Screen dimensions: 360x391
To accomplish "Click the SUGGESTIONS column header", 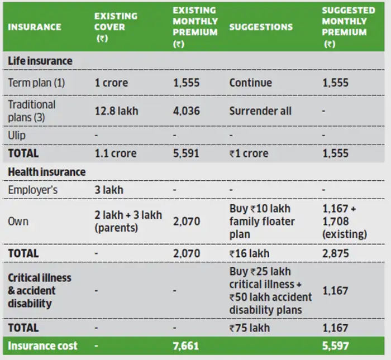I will (x=260, y=27).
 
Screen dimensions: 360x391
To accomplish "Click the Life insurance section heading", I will (x=40, y=60).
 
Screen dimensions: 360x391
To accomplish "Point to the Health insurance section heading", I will (x=46, y=172).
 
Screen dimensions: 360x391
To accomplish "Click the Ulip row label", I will (x=17, y=136).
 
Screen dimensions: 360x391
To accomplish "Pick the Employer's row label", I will (x=33, y=190).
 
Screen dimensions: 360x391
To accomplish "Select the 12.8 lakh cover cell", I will (x=116, y=111).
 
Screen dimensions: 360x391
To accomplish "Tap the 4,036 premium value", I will (x=186, y=111).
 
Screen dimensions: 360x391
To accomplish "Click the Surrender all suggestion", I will (x=260, y=111).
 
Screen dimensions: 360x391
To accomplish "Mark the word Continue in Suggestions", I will (x=250, y=83).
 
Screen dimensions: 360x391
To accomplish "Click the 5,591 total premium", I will (x=186, y=153).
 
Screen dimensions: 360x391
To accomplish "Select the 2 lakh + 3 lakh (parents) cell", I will (x=128, y=221).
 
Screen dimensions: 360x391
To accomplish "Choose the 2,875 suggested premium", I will (x=335, y=253).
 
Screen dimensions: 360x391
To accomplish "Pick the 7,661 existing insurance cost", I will (x=186, y=346).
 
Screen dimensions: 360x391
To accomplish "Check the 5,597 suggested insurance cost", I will (x=335, y=346).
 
